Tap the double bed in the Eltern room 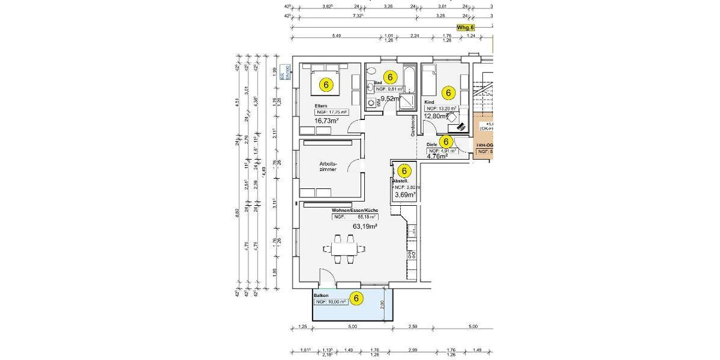(326, 83)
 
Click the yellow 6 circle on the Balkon (356, 298)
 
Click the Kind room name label (428, 102)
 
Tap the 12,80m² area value (437, 116)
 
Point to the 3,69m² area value (405, 195)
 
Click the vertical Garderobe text (413, 126)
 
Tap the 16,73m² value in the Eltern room (327, 120)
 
